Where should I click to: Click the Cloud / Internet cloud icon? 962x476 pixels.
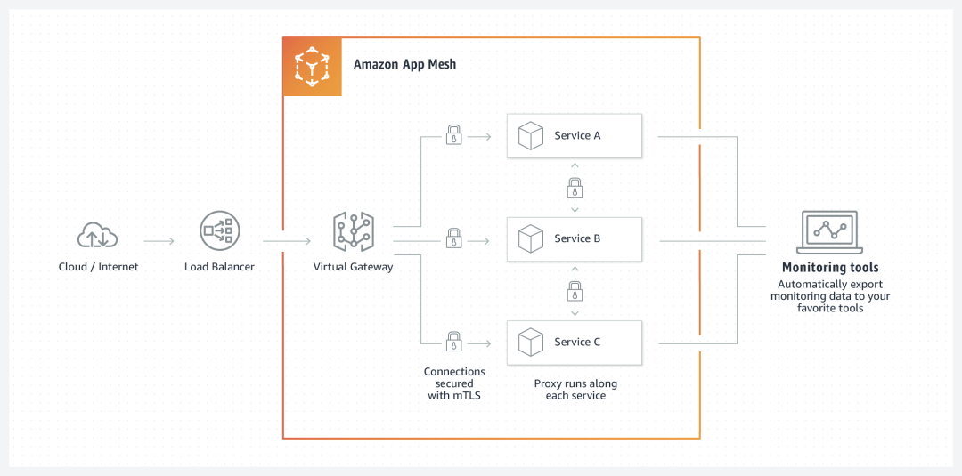[x=98, y=235]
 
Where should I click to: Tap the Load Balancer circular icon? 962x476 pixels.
[x=219, y=231]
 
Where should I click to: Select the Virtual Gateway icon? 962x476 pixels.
[x=353, y=231]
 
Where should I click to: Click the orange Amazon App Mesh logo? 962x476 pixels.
[x=313, y=67]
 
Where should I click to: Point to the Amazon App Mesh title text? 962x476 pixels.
[x=404, y=65]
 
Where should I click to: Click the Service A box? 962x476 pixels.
[x=575, y=136]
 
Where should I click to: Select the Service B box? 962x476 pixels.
[x=575, y=238]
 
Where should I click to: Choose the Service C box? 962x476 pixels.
[x=575, y=343]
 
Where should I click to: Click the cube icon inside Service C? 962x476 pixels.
[x=531, y=343]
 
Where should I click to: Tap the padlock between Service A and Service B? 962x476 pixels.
[x=575, y=188]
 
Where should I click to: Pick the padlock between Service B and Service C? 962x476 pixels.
[x=575, y=290]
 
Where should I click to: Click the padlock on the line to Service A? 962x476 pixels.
[x=453, y=136]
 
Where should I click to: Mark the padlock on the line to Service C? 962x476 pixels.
[x=453, y=342]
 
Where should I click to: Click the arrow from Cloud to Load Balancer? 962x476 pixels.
[x=159, y=240]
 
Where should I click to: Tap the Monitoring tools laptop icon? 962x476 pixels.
[x=830, y=231]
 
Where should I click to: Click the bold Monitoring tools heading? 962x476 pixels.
[x=830, y=268]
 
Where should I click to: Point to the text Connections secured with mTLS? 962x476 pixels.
[x=454, y=383]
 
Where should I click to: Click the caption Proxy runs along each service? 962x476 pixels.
[x=575, y=390]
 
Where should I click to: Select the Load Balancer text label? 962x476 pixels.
[x=219, y=267]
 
